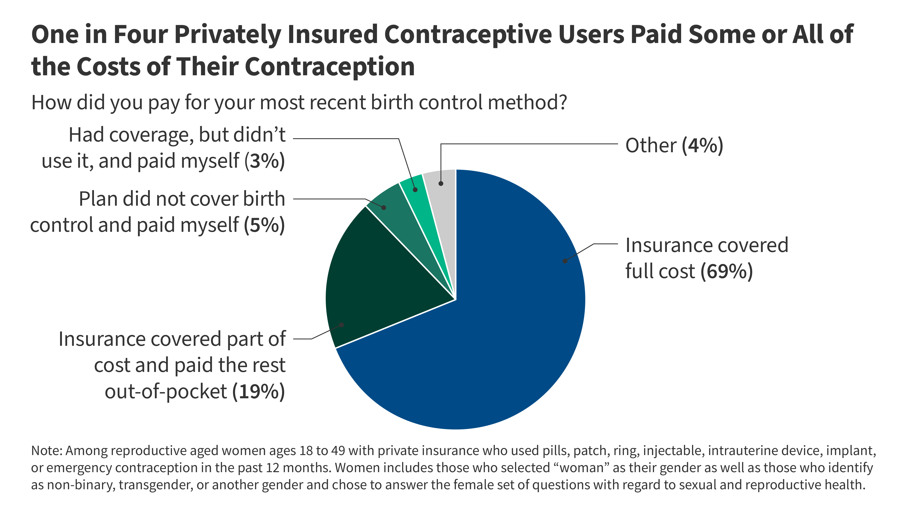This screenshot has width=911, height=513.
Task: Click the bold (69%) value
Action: (x=727, y=271)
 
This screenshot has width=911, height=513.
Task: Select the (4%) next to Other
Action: (x=702, y=146)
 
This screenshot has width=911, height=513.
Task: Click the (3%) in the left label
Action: (x=265, y=161)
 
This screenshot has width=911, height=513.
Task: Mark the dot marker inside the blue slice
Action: (x=565, y=261)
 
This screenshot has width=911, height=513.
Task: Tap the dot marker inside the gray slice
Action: (x=441, y=183)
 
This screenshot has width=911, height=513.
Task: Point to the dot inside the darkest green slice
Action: (x=342, y=325)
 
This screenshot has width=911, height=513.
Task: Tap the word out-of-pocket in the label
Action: (x=166, y=392)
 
